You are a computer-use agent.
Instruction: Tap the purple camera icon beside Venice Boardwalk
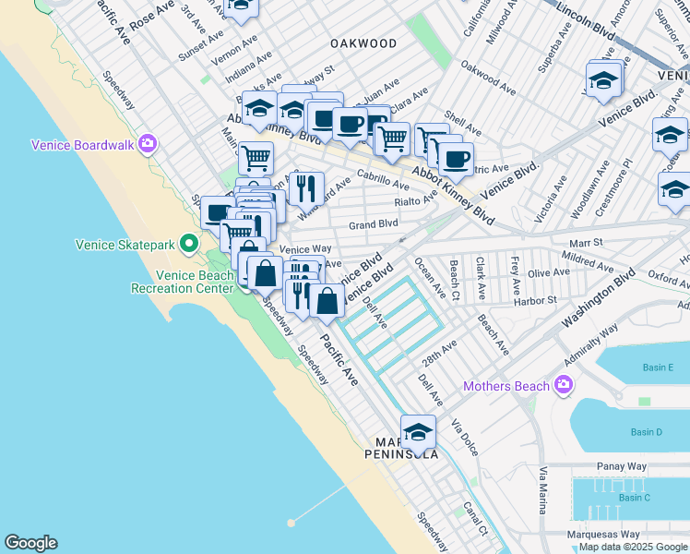click(148, 144)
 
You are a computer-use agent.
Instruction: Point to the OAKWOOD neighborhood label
click(363, 43)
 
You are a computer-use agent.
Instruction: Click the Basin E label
click(658, 367)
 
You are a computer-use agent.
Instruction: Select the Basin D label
click(646, 432)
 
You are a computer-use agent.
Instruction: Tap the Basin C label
click(635, 498)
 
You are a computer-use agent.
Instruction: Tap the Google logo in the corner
click(30, 543)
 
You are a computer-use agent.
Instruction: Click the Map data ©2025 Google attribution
click(633, 547)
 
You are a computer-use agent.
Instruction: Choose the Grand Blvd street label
click(374, 223)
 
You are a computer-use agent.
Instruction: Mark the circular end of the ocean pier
click(291, 523)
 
